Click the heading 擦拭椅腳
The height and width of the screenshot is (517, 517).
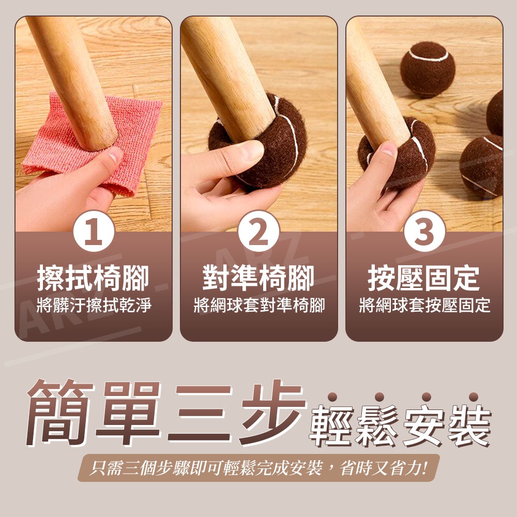93,279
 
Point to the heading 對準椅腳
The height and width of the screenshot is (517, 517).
258,279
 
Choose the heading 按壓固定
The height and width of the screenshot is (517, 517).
424,279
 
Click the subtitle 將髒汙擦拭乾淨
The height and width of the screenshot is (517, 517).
93,305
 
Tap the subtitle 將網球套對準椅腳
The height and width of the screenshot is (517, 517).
258,305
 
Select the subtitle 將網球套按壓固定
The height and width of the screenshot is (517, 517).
424,305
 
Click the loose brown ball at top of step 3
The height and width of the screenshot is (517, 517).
427,69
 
